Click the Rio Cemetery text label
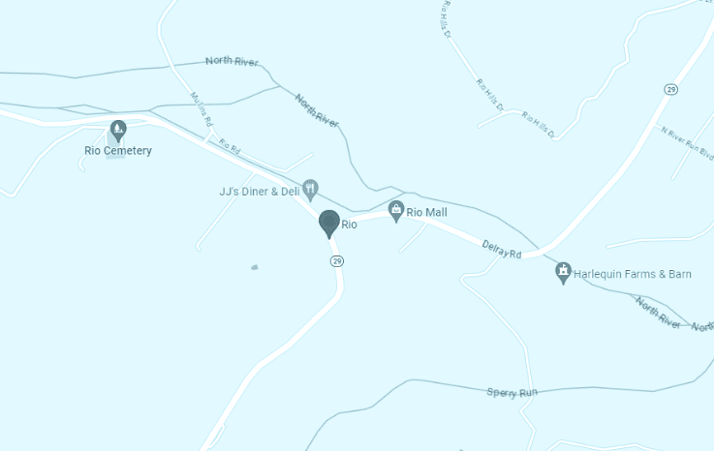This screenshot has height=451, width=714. [118, 151]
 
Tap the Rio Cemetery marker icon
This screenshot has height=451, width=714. [118, 129]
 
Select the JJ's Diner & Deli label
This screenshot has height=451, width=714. [260, 192]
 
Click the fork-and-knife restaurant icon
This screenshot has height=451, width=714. [310, 187]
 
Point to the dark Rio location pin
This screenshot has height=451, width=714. [329, 224]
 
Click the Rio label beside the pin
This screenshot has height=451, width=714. [350, 225]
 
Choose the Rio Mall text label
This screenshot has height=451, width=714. [426, 211]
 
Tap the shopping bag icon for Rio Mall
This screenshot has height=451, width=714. [396, 210]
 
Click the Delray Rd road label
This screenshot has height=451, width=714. [502, 250]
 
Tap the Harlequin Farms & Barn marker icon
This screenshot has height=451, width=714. [563, 273]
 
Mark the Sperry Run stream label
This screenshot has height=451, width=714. [512, 392]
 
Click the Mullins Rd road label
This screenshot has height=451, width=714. [201, 109]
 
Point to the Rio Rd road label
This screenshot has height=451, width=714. [229, 145]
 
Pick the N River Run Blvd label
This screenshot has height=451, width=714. [687, 141]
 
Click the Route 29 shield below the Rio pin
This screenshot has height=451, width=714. [337, 261]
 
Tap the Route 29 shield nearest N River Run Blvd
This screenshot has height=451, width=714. [670, 89]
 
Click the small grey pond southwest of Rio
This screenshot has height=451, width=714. [255, 267]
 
